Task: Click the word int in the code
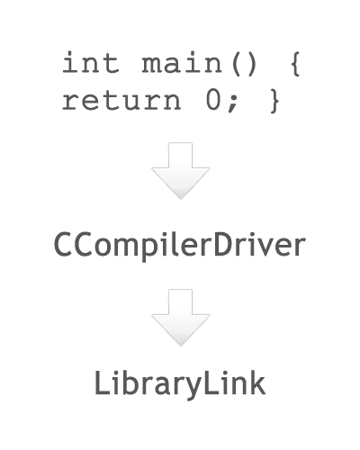(x=91, y=62)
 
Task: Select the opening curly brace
(x=295, y=64)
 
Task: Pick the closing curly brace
(x=274, y=101)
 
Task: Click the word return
(x=121, y=101)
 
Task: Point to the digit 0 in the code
(x=213, y=100)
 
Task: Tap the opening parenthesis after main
(x=236, y=64)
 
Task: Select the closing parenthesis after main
(x=251, y=64)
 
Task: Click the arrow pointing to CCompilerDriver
(x=180, y=171)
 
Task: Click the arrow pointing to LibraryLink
(x=180, y=318)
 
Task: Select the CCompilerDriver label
(x=180, y=245)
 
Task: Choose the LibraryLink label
(x=180, y=384)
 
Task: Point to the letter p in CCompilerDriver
(x=150, y=249)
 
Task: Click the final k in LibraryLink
(x=257, y=382)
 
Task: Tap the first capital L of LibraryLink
(x=102, y=382)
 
